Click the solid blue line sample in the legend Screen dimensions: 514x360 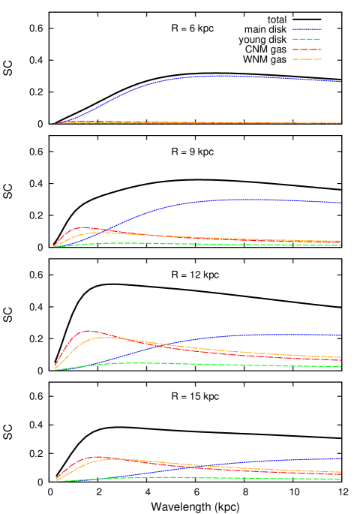(306, 29)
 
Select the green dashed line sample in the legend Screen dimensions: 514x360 (306, 39)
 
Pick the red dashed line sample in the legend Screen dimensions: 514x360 (306, 50)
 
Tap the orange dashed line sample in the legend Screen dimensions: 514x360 (306, 59)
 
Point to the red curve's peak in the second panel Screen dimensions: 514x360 (83, 227)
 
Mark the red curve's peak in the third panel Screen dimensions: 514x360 (88, 330)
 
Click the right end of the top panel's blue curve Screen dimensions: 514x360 (341, 82)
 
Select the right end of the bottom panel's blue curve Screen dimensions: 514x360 (341, 458)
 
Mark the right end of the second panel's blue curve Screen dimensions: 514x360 (341, 203)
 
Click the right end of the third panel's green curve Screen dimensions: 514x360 (341, 367)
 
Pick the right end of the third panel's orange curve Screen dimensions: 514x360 (341, 357)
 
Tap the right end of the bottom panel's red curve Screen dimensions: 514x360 (341, 475)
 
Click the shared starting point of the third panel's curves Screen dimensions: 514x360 (54, 369)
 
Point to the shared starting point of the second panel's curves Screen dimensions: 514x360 (53, 246)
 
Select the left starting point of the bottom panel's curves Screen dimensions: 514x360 (55, 481)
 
